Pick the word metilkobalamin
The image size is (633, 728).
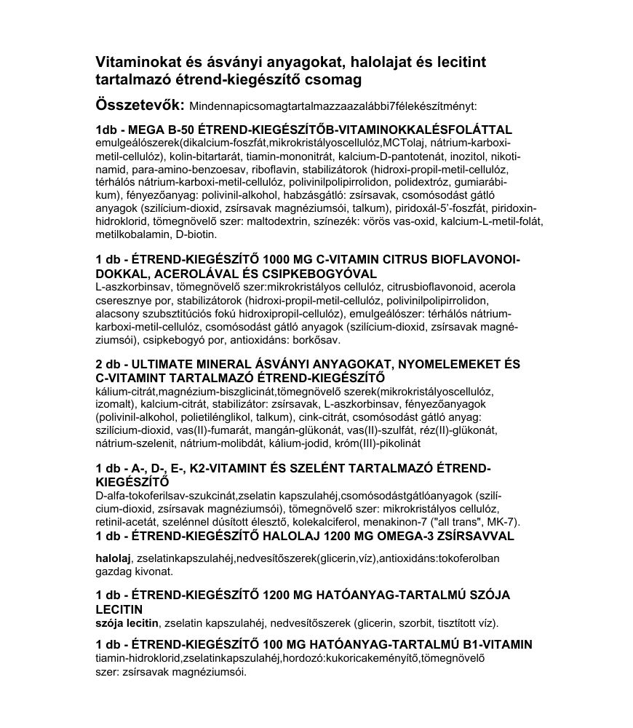pos(130,234)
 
